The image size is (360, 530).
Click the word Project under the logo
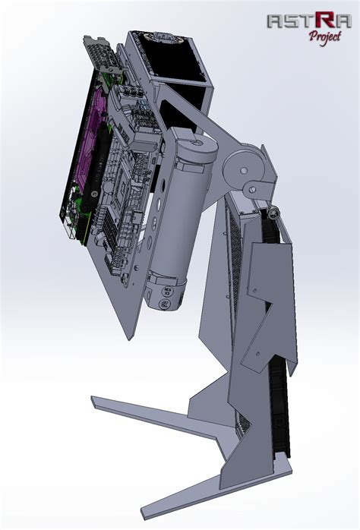pos(325,36)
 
